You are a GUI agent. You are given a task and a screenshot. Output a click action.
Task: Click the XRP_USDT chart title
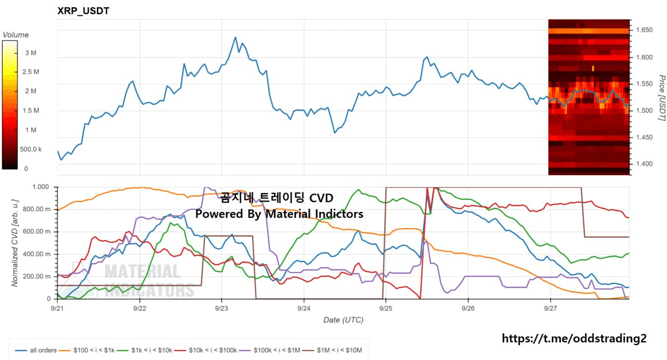tap(83, 11)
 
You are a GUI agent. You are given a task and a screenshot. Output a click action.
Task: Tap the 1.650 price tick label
tap(645, 30)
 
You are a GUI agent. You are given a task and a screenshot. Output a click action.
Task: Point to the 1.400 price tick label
tap(645, 164)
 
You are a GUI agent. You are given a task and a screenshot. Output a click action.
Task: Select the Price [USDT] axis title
tap(662, 98)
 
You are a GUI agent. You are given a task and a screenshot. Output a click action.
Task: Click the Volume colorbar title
tap(16, 35)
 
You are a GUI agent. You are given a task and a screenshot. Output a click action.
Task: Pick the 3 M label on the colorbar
tap(31, 53)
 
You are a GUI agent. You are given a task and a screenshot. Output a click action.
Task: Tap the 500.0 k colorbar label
tap(31, 149)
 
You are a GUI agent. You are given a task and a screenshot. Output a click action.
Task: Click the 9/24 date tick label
tap(304, 308)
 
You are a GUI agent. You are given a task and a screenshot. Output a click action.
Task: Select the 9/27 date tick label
tap(550, 308)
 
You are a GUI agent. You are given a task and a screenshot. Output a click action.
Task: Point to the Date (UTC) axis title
tap(343, 320)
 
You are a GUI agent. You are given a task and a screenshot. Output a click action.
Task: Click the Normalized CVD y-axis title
tap(15, 243)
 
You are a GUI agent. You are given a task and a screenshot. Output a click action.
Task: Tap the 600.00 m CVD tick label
tap(39, 232)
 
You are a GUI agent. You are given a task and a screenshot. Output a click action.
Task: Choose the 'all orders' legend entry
tap(36, 351)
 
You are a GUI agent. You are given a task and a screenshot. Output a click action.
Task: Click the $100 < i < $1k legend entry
tap(87, 351)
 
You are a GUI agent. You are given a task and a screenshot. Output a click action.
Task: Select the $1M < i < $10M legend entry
tap(332, 351)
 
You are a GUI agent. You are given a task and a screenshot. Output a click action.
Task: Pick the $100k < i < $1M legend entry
tap(269, 351)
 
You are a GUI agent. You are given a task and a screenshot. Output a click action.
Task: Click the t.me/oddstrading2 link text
tap(574, 339)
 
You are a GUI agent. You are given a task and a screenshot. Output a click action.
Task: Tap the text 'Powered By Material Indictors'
tap(279, 214)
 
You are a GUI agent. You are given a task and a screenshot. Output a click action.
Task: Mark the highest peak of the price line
tap(235, 37)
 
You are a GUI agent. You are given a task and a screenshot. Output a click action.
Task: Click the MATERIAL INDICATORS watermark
tap(143, 280)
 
